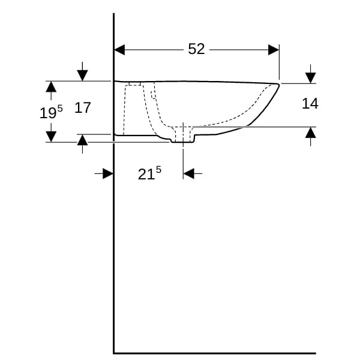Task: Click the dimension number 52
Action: [196, 49]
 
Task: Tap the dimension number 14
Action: [310, 103]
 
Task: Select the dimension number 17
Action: [83, 107]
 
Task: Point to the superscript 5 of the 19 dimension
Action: [60, 108]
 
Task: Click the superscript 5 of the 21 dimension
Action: [158, 170]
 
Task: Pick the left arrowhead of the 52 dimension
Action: [119, 50]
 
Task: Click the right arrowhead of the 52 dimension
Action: [274, 50]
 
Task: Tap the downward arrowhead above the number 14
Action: [310, 78]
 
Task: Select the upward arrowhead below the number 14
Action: [310, 133]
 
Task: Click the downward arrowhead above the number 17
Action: [82, 76]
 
